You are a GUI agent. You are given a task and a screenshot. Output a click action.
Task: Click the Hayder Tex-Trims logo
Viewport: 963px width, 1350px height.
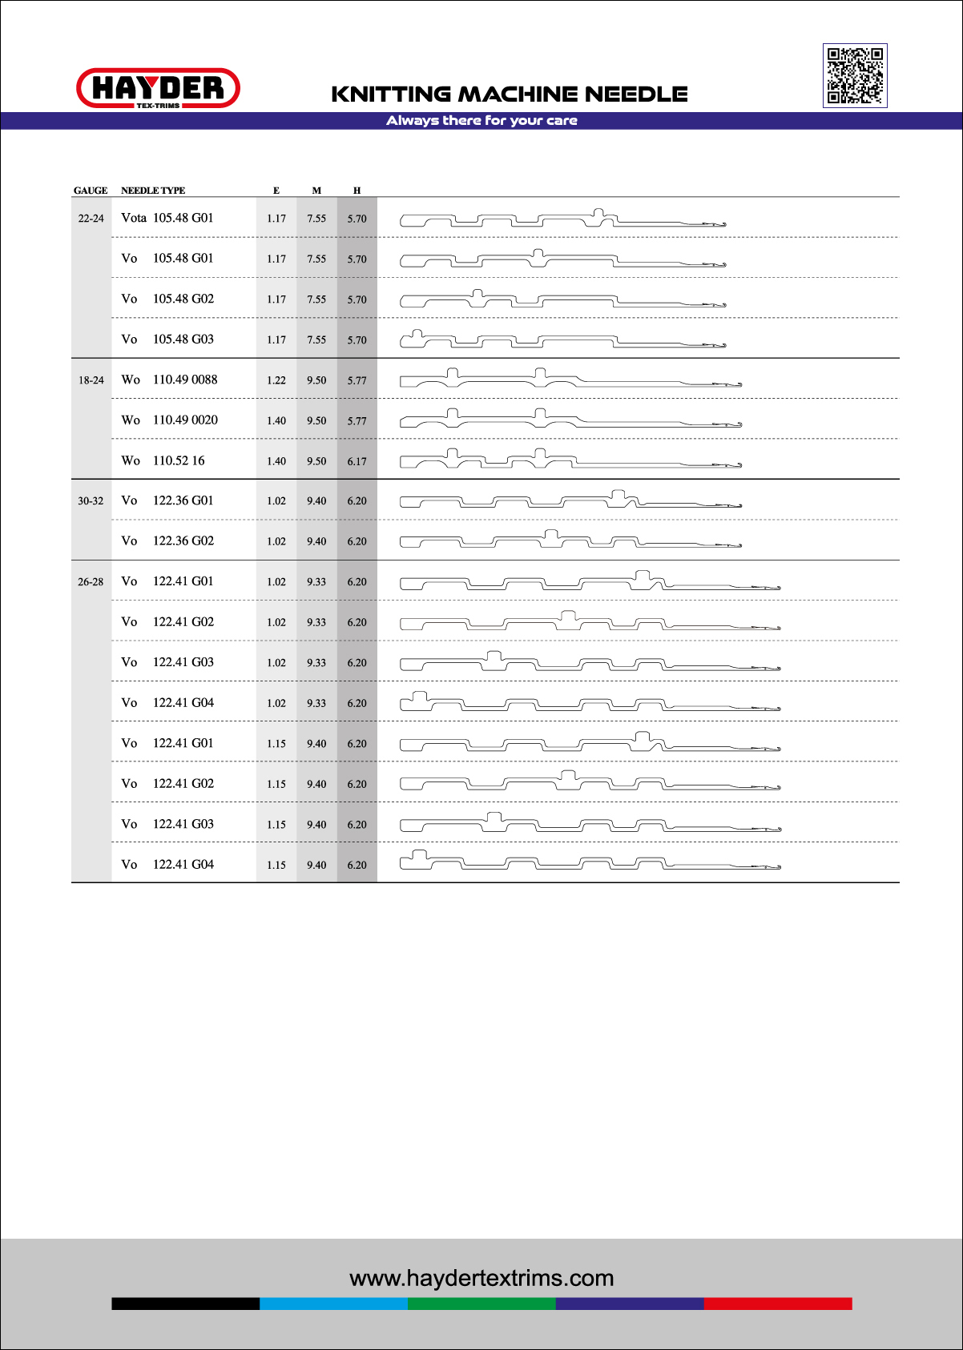[x=158, y=88]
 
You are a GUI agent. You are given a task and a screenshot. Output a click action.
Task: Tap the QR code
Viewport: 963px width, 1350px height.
[x=855, y=75]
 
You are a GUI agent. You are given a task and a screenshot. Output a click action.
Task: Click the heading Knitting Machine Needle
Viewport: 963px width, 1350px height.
[x=510, y=94]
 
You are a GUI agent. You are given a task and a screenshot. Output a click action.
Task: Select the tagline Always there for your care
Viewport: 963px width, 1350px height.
[x=481, y=121]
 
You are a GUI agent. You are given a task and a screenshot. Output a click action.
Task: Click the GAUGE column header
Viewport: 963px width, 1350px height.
[x=91, y=191]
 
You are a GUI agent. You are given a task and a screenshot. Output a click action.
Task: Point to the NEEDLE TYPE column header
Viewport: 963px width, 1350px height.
[x=153, y=191]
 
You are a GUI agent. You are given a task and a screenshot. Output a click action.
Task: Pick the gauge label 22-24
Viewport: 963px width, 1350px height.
[x=91, y=219]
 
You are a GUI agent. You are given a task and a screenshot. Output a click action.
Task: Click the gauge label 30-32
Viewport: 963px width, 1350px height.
[x=91, y=501]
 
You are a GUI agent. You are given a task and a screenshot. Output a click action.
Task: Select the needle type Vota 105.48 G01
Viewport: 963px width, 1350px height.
[x=167, y=218]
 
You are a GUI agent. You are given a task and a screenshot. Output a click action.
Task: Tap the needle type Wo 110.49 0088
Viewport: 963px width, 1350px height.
[x=169, y=380]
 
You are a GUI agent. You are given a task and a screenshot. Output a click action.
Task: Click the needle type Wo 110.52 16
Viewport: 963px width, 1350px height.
[x=163, y=460]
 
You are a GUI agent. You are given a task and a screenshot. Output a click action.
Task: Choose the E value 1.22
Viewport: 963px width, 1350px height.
[x=276, y=380]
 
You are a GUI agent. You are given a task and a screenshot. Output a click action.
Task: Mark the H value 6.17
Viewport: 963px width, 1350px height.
[x=357, y=461]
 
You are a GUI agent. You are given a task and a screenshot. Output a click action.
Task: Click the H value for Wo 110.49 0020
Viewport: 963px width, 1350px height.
[x=357, y=420]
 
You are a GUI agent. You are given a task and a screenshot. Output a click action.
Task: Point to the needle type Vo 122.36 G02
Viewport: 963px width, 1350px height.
[x=167, y=540]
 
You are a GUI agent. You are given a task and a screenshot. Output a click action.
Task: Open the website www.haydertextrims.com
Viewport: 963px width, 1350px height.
[x=481, y=1278]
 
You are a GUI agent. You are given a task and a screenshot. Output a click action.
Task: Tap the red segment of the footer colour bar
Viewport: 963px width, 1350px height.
[x=777, y=1304]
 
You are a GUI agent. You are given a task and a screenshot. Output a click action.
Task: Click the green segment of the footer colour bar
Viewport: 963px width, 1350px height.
[x=481, y=1304]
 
